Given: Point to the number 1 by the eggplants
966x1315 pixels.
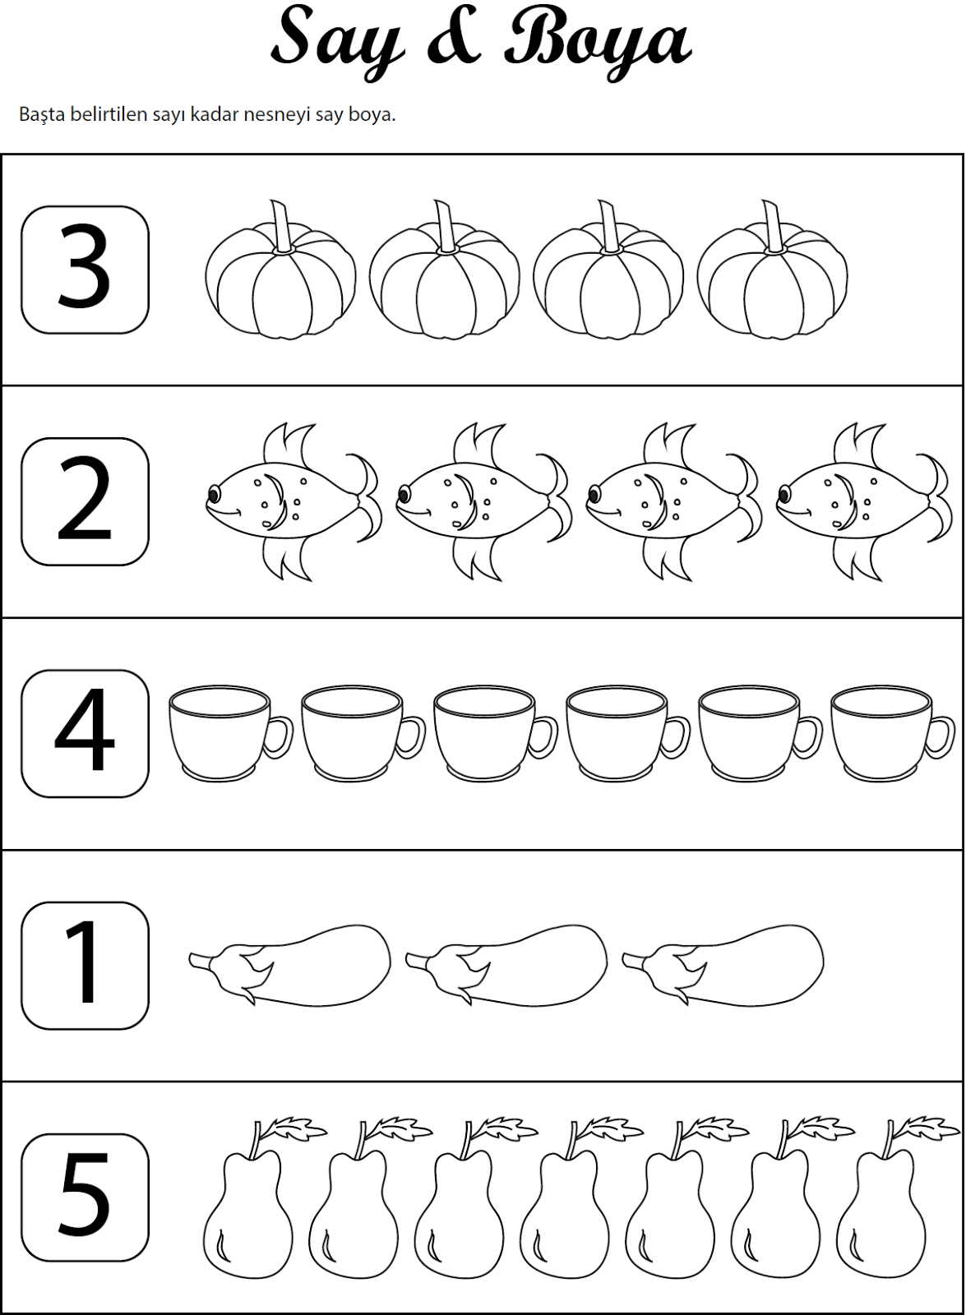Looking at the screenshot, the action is [81, 961].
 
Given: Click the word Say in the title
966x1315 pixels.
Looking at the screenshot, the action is [338, 41].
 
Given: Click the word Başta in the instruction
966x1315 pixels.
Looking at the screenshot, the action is [42, 114].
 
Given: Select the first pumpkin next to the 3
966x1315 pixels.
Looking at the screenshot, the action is [280, 270].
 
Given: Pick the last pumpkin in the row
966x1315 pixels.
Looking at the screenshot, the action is [773, 270].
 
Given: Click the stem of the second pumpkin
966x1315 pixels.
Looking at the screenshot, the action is [446, 227].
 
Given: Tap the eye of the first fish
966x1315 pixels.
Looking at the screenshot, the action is [214, 494].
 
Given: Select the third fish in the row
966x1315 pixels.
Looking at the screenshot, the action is [673, 502].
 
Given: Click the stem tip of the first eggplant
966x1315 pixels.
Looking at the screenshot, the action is [192, 957].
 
